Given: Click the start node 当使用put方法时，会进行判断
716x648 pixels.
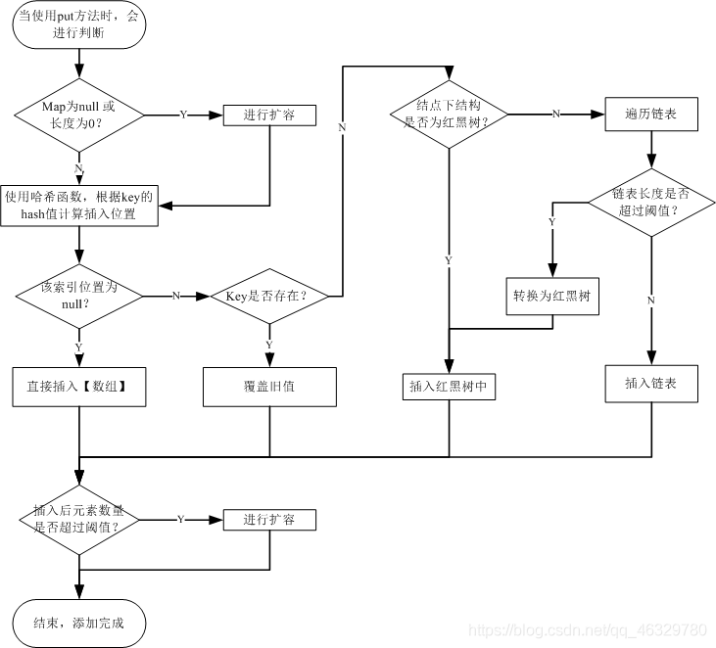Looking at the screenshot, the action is point(79,24).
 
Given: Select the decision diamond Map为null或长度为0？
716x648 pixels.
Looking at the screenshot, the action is point(79,115).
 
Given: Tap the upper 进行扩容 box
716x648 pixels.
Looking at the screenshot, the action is point(269,115).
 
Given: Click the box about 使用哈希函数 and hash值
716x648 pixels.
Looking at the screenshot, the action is point(79,206).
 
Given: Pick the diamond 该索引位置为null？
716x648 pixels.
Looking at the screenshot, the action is point(79,297).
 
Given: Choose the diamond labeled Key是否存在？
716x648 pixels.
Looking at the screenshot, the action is point(269,297).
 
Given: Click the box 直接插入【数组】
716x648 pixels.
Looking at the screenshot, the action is point(79,387).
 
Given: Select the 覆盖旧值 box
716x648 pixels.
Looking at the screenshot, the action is point(269,387).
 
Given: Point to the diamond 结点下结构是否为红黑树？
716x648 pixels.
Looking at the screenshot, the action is point(449,115).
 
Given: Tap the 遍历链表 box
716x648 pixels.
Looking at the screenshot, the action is point(651,115).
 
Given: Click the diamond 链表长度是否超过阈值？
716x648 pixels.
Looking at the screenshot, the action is point(651,203).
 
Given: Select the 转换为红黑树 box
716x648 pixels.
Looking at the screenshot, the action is point(552,297).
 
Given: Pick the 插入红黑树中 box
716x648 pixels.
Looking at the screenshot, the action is point(449,387).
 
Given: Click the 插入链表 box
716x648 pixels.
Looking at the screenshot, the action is point(651,384).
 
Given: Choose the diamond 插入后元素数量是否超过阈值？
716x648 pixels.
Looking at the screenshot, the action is point(79,520).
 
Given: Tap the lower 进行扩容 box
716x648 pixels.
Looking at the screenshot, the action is point(269,520).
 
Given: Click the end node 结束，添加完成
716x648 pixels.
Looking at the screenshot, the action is point(79,623).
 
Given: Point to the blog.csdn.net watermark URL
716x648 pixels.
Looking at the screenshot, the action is point(588,630).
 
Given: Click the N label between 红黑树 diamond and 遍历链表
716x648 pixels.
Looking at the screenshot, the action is point(555,115).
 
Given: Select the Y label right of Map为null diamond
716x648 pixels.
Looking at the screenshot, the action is point(183,115).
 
